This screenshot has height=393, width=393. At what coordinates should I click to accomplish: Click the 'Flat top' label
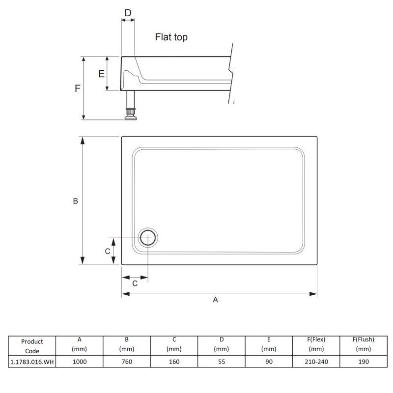pos(171,37)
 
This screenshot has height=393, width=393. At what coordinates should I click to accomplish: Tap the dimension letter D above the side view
pos(128,13)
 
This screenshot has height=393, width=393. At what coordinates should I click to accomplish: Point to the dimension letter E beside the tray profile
pos(101,74)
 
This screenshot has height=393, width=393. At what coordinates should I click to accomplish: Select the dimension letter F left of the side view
pos(78,88)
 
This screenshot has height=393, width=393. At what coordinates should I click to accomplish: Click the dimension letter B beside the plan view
pos(76,201)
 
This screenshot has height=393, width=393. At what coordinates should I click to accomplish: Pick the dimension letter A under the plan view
pos(215,300)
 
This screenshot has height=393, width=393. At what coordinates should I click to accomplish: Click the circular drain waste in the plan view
pos(148,238)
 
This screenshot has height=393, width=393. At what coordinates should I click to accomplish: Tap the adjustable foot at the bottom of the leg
pos(131,114)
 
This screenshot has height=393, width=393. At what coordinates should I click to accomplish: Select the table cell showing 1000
pos(80,362)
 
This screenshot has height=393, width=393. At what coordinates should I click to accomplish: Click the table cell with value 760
pos(127,362)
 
